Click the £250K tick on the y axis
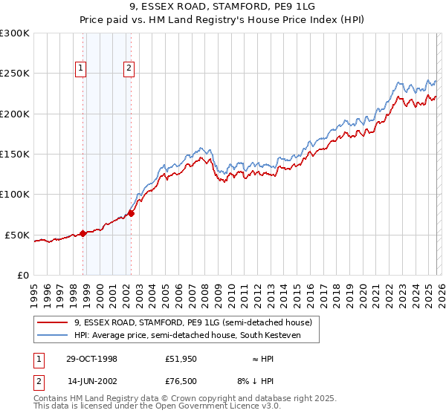click(15, 74)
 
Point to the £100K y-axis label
click(15, 194)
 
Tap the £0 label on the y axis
click(22, 275)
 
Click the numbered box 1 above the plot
click(80, 68)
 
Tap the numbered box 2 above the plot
click(129, 68)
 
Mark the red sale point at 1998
click(83, 233)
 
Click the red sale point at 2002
click(131, 213)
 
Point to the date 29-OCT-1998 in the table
click(91, 359)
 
